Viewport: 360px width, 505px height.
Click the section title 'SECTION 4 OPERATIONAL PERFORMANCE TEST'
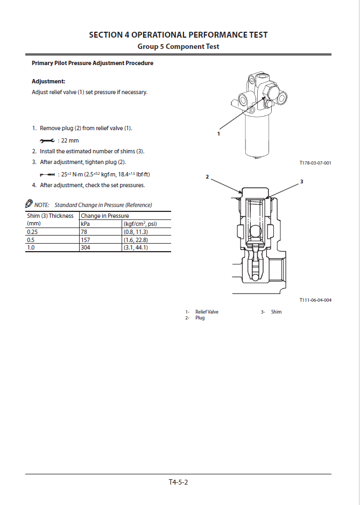click(178, 35)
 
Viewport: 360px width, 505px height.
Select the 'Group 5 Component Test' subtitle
click(178, 47)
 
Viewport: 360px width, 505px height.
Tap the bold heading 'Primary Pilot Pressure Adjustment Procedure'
click(93, 63)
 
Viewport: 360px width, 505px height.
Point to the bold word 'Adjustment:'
click(48, 82)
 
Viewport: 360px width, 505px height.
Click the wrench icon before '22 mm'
click(47, 140)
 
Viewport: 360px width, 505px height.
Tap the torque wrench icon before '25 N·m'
click(47, 174)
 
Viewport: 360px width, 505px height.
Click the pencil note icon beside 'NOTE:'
click(29, 204)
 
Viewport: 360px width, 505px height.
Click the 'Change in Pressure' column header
click(105, 216)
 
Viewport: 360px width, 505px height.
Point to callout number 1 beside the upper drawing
click(219, 133)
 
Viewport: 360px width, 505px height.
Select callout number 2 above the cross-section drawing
click(207, 176)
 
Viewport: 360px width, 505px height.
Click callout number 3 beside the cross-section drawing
click(301, 182)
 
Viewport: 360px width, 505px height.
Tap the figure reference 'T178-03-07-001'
click(315, 163)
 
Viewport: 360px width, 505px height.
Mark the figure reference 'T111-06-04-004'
click(315, 300)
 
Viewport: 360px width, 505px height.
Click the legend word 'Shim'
click(276, 312)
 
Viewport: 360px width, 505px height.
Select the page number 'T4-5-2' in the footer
click(178, 482)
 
